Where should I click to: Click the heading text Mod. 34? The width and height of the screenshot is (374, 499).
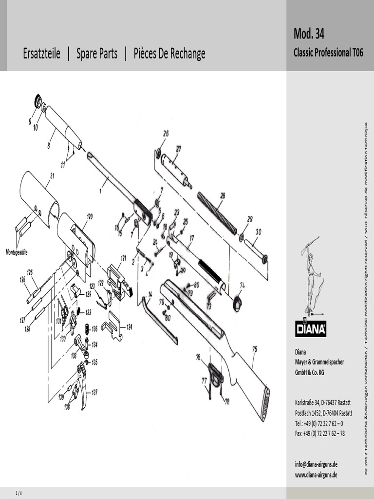[x=309, y=34]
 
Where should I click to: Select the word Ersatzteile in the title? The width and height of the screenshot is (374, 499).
[x=42, y=54]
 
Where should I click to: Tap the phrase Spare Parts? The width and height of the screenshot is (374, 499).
[x=97, y=54]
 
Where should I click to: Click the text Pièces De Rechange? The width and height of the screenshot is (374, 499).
[x=169, y=54]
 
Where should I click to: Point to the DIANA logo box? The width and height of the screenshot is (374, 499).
[x=311, y=329]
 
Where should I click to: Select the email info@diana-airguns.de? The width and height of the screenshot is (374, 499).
[x=317, y=464]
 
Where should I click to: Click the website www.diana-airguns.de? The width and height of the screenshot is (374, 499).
[x=317, y=475]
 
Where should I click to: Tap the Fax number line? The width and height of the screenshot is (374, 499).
[x=320, y=433]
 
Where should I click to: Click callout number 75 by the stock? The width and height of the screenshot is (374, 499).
[x=254, y=348]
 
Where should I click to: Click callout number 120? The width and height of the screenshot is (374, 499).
[x=90, y=216]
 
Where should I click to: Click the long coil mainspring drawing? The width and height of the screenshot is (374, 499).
[x=217, y=213]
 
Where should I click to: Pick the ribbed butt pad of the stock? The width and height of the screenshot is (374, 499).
[x=265, y=403]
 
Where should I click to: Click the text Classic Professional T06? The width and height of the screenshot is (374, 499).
[x=328, y=53]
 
